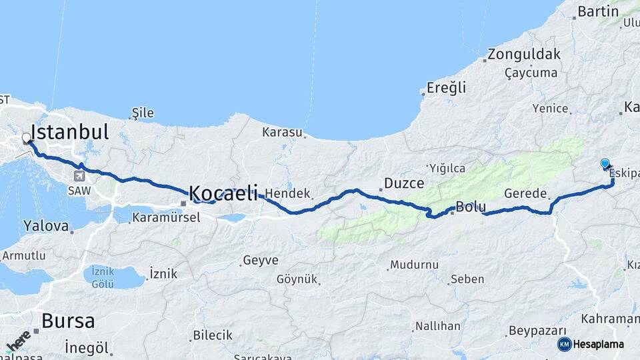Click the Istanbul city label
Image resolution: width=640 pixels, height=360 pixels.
pyautogui.click(x=69, y=131)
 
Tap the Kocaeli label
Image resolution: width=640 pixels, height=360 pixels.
pyautogui.click(x=223, y=193)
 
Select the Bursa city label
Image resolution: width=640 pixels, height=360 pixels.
pyautogui.click(x=68, y=321)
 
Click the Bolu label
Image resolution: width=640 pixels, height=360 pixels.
pyautogui.click(x=471, y=207)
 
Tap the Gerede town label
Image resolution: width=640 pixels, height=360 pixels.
pyautogui.click(x=525, y=193)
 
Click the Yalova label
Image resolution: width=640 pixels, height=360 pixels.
pyautogui.click(x=46, y=226)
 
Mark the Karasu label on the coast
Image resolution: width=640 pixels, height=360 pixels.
pyautogui.click(x=282, y=131)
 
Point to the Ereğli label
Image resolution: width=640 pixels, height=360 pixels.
pyautogui.click(x=447, y=87)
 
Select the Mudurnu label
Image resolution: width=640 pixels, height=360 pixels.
pyautogui.click(x=415, y=265)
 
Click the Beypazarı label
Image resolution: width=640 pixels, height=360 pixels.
pyautogui.click(x=537, y=331)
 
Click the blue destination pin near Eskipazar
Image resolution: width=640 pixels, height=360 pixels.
pyautogui.click(x=605, y=163)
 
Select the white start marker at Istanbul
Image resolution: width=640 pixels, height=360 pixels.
pyautogui.click(x=26, y=138)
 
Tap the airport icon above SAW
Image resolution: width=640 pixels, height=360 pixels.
pyautogui.click(x=79, y=176)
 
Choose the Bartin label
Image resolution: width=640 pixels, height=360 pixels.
pyautogui.click(x=598, y=11)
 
